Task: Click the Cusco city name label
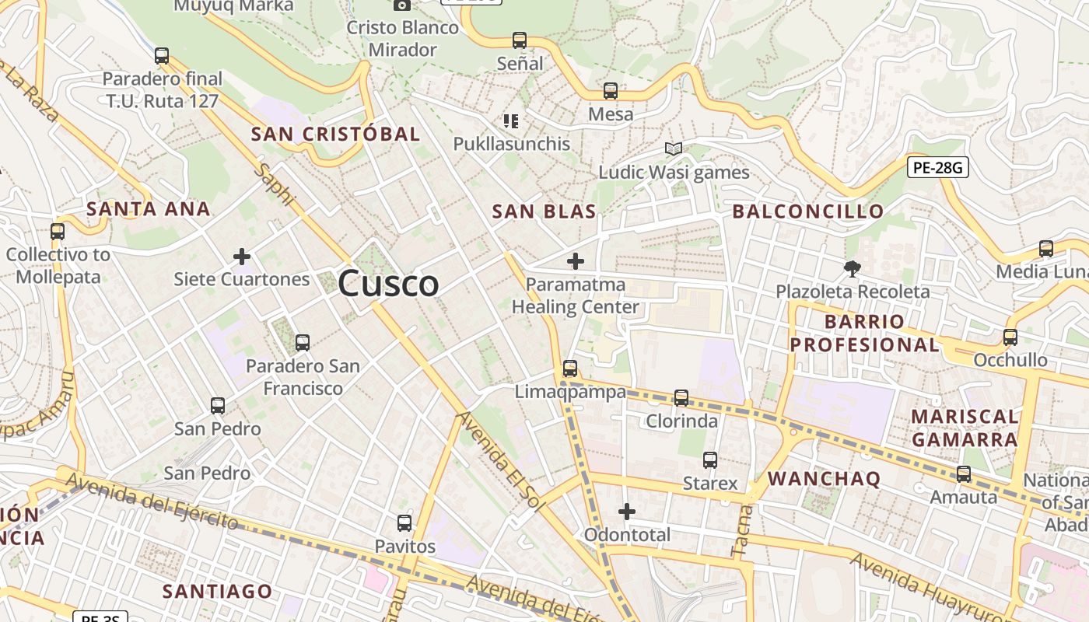pos(388,284)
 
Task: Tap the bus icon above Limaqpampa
pos(570,368)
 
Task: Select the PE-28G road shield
pos(937,166)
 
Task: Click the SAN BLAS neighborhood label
pos(544,211)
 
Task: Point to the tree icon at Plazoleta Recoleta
pos(853,269)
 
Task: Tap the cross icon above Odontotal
pos(627,512)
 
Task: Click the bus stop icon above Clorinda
pos(681,397)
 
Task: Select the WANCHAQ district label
pos(824,479)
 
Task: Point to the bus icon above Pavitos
pos(404,523)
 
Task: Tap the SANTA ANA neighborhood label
pos(148,209)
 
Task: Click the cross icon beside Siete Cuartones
pos(242,256)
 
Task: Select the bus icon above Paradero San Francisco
pos(303,342)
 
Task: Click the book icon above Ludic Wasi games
pos(673,149)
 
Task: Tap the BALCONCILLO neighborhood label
pos(808,211)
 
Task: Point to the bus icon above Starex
pos(709,460)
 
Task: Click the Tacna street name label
pos(744,531)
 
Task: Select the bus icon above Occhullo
pos(1010,337)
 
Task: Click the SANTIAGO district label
pos(218,592)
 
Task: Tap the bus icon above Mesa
pos(611,91)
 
